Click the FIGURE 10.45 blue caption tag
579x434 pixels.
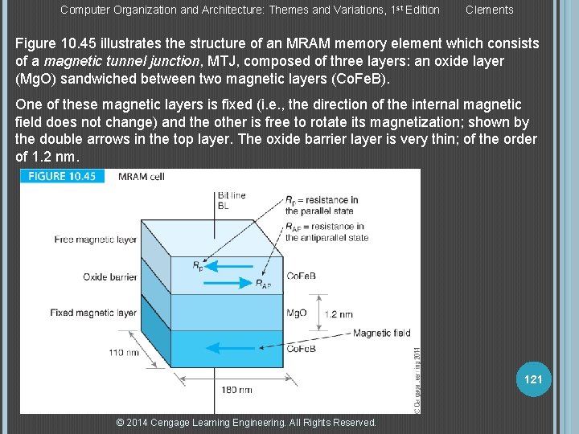click(63, 177)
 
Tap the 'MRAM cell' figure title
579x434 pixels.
click(141, 177)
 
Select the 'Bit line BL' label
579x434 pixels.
click(232, 200)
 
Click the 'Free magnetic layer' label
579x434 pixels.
click(95, 240)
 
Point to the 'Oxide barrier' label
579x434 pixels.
click(109, 277)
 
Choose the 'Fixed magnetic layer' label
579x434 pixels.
click(93, 313)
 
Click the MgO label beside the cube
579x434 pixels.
click(297, 313)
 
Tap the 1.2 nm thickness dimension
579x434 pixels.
click(339, 314)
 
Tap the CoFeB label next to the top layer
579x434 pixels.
click(301, 276)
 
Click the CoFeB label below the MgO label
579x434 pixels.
click(301, 348)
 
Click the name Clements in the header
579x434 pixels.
click(489, 10)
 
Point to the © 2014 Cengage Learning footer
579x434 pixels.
click(246, 423)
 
